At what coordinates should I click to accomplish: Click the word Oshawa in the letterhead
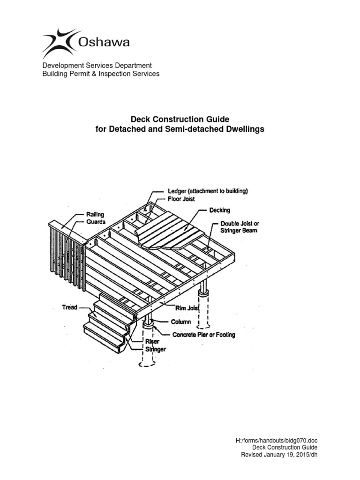(x=104, y=43)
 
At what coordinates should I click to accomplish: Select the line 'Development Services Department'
(x=97, y=65)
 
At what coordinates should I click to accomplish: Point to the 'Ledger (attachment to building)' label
(x=208, y=191)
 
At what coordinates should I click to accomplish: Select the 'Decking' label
(x=220, y=210)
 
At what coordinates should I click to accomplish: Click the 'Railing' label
(x=95, y=214)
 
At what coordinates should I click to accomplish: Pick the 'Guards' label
(x=95, y=221)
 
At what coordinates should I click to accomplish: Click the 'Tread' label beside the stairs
(x=70, y=307)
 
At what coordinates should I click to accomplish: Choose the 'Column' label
(x=181, y=322)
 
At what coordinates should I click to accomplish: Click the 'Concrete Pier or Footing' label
(x=204, y=335)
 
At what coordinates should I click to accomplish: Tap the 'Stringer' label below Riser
(x=156, y=349)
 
